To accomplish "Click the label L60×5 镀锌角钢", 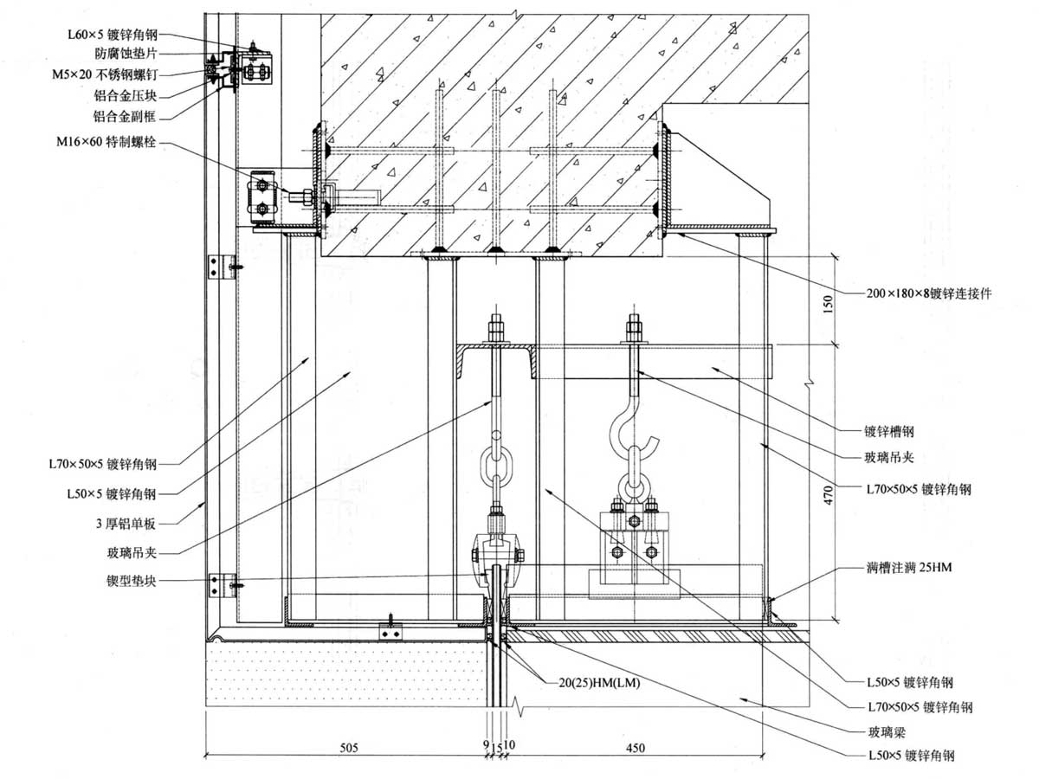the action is pos(113,35).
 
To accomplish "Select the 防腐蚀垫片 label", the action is pos(126,54).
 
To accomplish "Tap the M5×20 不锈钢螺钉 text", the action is pos(105,74).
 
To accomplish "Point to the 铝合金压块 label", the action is pos(125,96).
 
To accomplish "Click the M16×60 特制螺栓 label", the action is pos(106,141).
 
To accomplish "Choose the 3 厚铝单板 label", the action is pos(126,524).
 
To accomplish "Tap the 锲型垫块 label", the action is pos(131,581).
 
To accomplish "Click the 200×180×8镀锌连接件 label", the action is pos(929,293).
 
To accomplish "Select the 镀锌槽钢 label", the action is pos(889,431).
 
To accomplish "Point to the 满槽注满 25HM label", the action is pos(909,567).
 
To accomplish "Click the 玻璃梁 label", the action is pos(887,732).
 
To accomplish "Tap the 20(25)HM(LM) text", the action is pos(599,683).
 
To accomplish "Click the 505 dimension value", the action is pos(349,747).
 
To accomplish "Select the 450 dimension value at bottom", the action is pos(636,747).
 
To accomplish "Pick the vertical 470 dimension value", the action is pos(828,495).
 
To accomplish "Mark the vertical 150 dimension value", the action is pos(828,304).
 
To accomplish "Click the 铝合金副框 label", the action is pos(125,116).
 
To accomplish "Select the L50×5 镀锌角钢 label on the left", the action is pos(111,493).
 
